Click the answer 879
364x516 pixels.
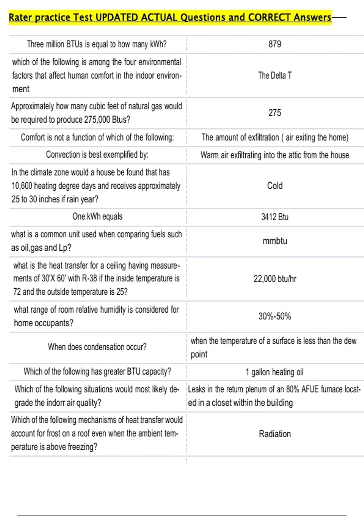275,44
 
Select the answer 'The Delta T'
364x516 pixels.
275,75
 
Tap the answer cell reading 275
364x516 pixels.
275,113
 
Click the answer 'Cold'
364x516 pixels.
275,186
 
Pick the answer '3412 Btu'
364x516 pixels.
275,217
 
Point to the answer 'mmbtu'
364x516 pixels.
275,241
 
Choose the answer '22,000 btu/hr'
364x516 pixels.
275,279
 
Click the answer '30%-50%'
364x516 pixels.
275,316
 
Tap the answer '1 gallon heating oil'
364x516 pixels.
275,372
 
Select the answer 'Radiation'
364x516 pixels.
275,434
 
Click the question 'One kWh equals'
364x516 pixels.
97,217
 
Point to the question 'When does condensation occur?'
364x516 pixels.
97,347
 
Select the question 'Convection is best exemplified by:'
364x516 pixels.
97,155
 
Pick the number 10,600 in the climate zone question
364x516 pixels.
22,186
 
